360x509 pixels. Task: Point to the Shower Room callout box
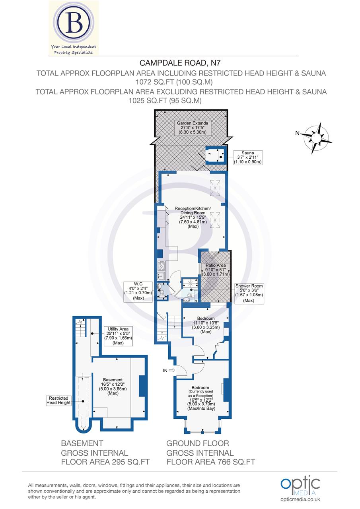pos(249,293)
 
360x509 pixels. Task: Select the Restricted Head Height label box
pos(59,400)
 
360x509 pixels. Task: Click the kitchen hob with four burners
pos(162,265)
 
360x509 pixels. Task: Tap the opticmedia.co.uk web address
pos(300,499)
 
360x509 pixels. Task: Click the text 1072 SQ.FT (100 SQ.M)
pos(180,82)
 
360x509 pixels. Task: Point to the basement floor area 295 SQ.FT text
pos(105,462)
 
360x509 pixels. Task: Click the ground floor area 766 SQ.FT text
pos(210,462)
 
